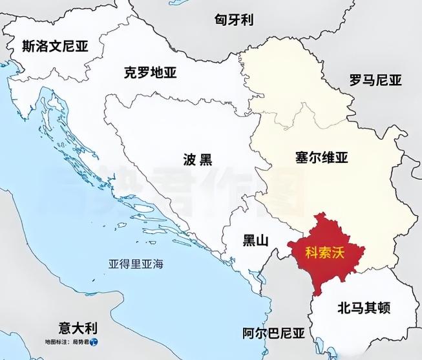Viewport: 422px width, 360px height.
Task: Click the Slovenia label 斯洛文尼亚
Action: (55, 47)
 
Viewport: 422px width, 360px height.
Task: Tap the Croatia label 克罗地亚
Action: (150, 72)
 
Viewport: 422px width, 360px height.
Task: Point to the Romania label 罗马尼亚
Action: (375, 80)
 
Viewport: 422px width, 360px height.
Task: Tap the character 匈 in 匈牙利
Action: (220, 19)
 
